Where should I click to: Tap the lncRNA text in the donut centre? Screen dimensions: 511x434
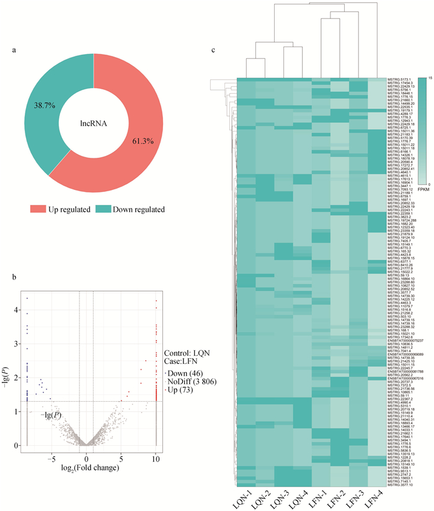[94, 122]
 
